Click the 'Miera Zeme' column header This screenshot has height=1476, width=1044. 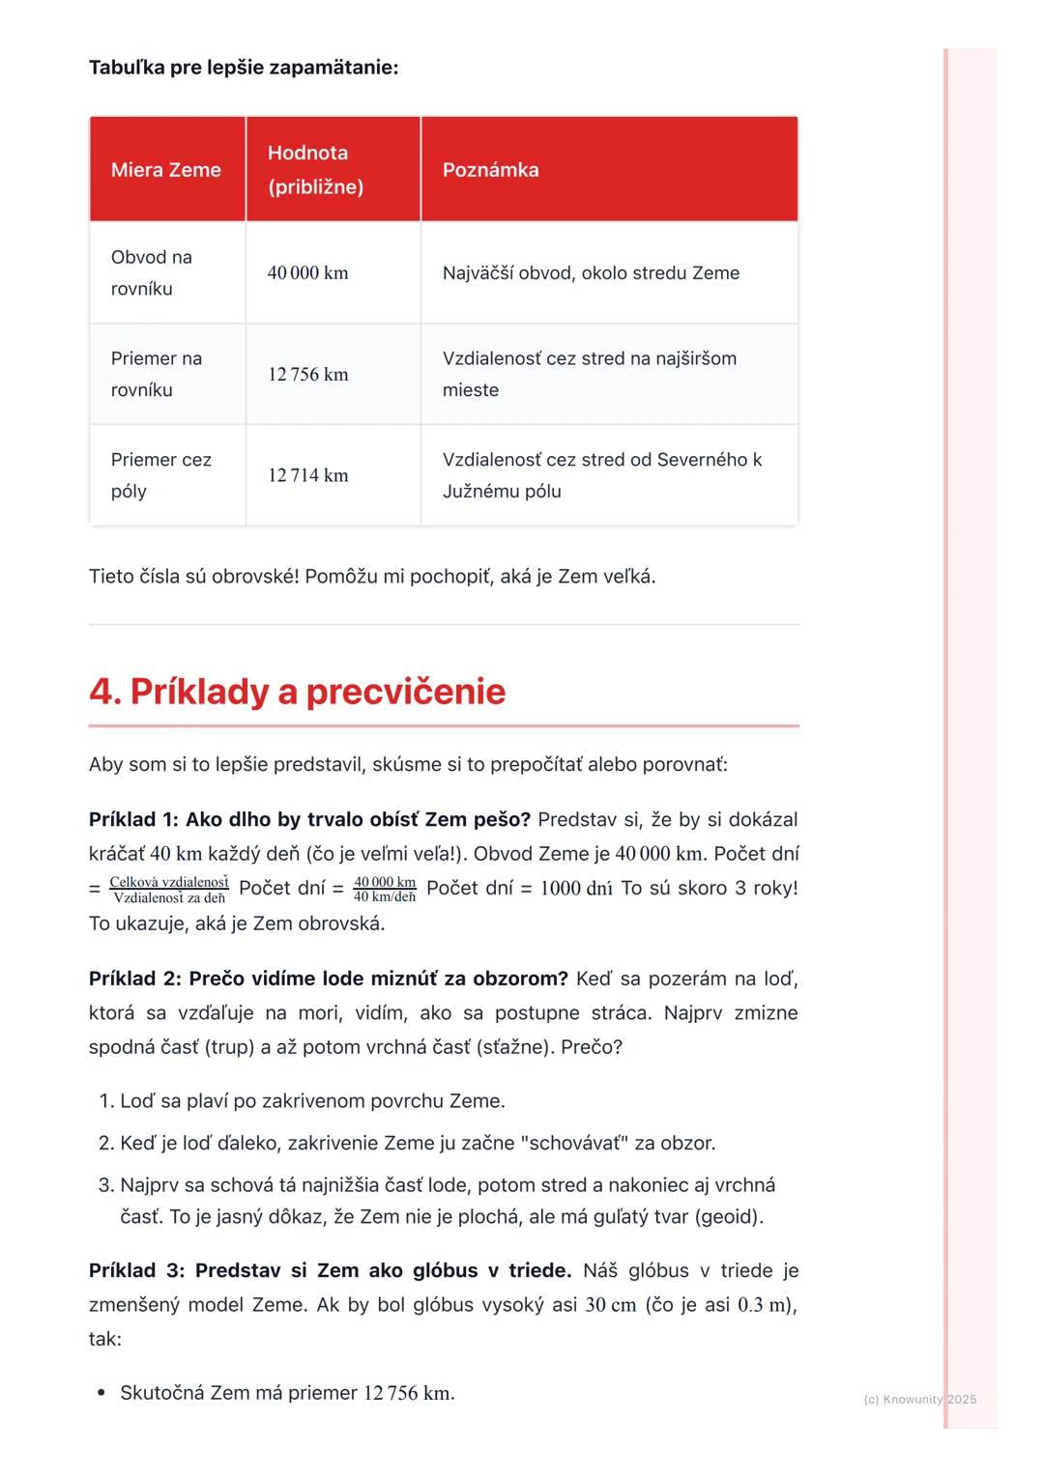[x=166, y=170]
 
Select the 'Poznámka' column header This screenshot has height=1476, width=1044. [x=490, y=170]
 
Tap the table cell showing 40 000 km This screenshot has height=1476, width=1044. [x=307, y=273]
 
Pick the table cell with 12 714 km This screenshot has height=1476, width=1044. [x=307, y=475]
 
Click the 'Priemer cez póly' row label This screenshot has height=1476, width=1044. [x=160, y=475]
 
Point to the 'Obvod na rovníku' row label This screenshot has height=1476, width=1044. [x=152, y=272]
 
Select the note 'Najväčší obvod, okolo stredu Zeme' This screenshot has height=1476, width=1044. [x=591, y=273]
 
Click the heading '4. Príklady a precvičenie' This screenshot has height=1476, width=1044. [x=298, y=692]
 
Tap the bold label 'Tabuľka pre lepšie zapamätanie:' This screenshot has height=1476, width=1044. [x=244, y=68]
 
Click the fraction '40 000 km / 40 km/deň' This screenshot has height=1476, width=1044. [x=385, y=889]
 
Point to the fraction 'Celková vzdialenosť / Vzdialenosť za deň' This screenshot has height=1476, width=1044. [x=169, y=889]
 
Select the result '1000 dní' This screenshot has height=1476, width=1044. [x=576, y=889]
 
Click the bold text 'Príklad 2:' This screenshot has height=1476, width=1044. [x=135, y=979]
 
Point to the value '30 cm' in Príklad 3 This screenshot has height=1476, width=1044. [x=611, y=1305]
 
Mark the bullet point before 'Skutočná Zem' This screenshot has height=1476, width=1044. [x=101, y=1394]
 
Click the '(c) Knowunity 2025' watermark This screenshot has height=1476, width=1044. [x=919, y=1399]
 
